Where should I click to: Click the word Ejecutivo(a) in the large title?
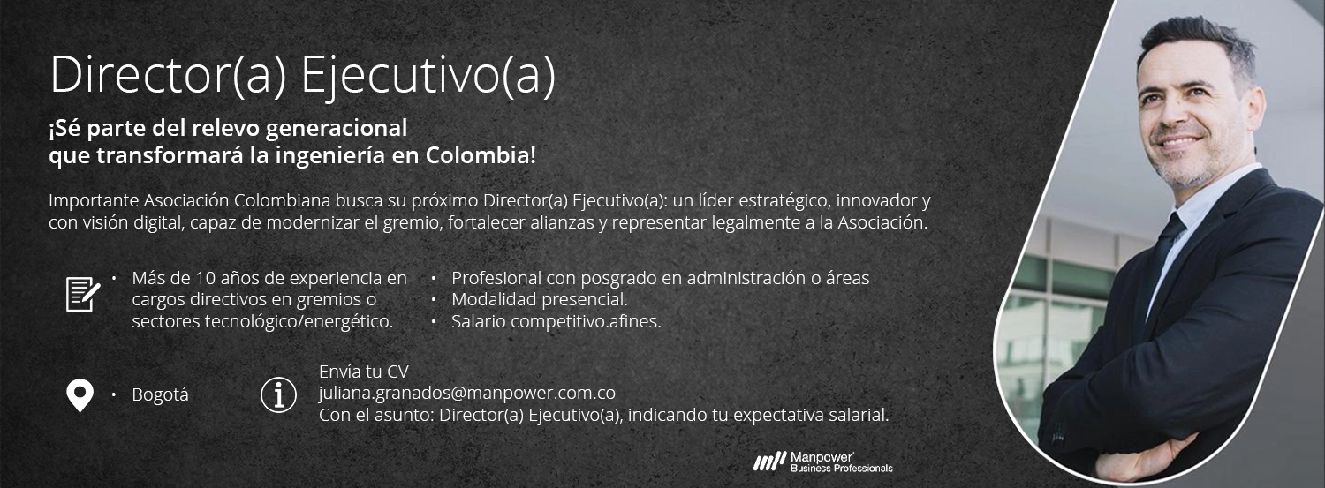428,76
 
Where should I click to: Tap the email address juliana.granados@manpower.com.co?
466,393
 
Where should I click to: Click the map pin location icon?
79,395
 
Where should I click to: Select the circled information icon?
278,394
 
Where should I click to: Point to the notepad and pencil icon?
83,294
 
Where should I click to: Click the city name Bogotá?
160,394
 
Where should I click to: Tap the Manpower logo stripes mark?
770,462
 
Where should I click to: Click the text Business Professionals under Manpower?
842,469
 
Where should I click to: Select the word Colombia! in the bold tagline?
481,155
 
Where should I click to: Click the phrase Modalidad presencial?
540,299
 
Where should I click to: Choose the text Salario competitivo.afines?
556,321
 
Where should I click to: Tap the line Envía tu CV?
364,371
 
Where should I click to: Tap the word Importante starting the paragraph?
94,201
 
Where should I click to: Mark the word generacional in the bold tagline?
337,128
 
